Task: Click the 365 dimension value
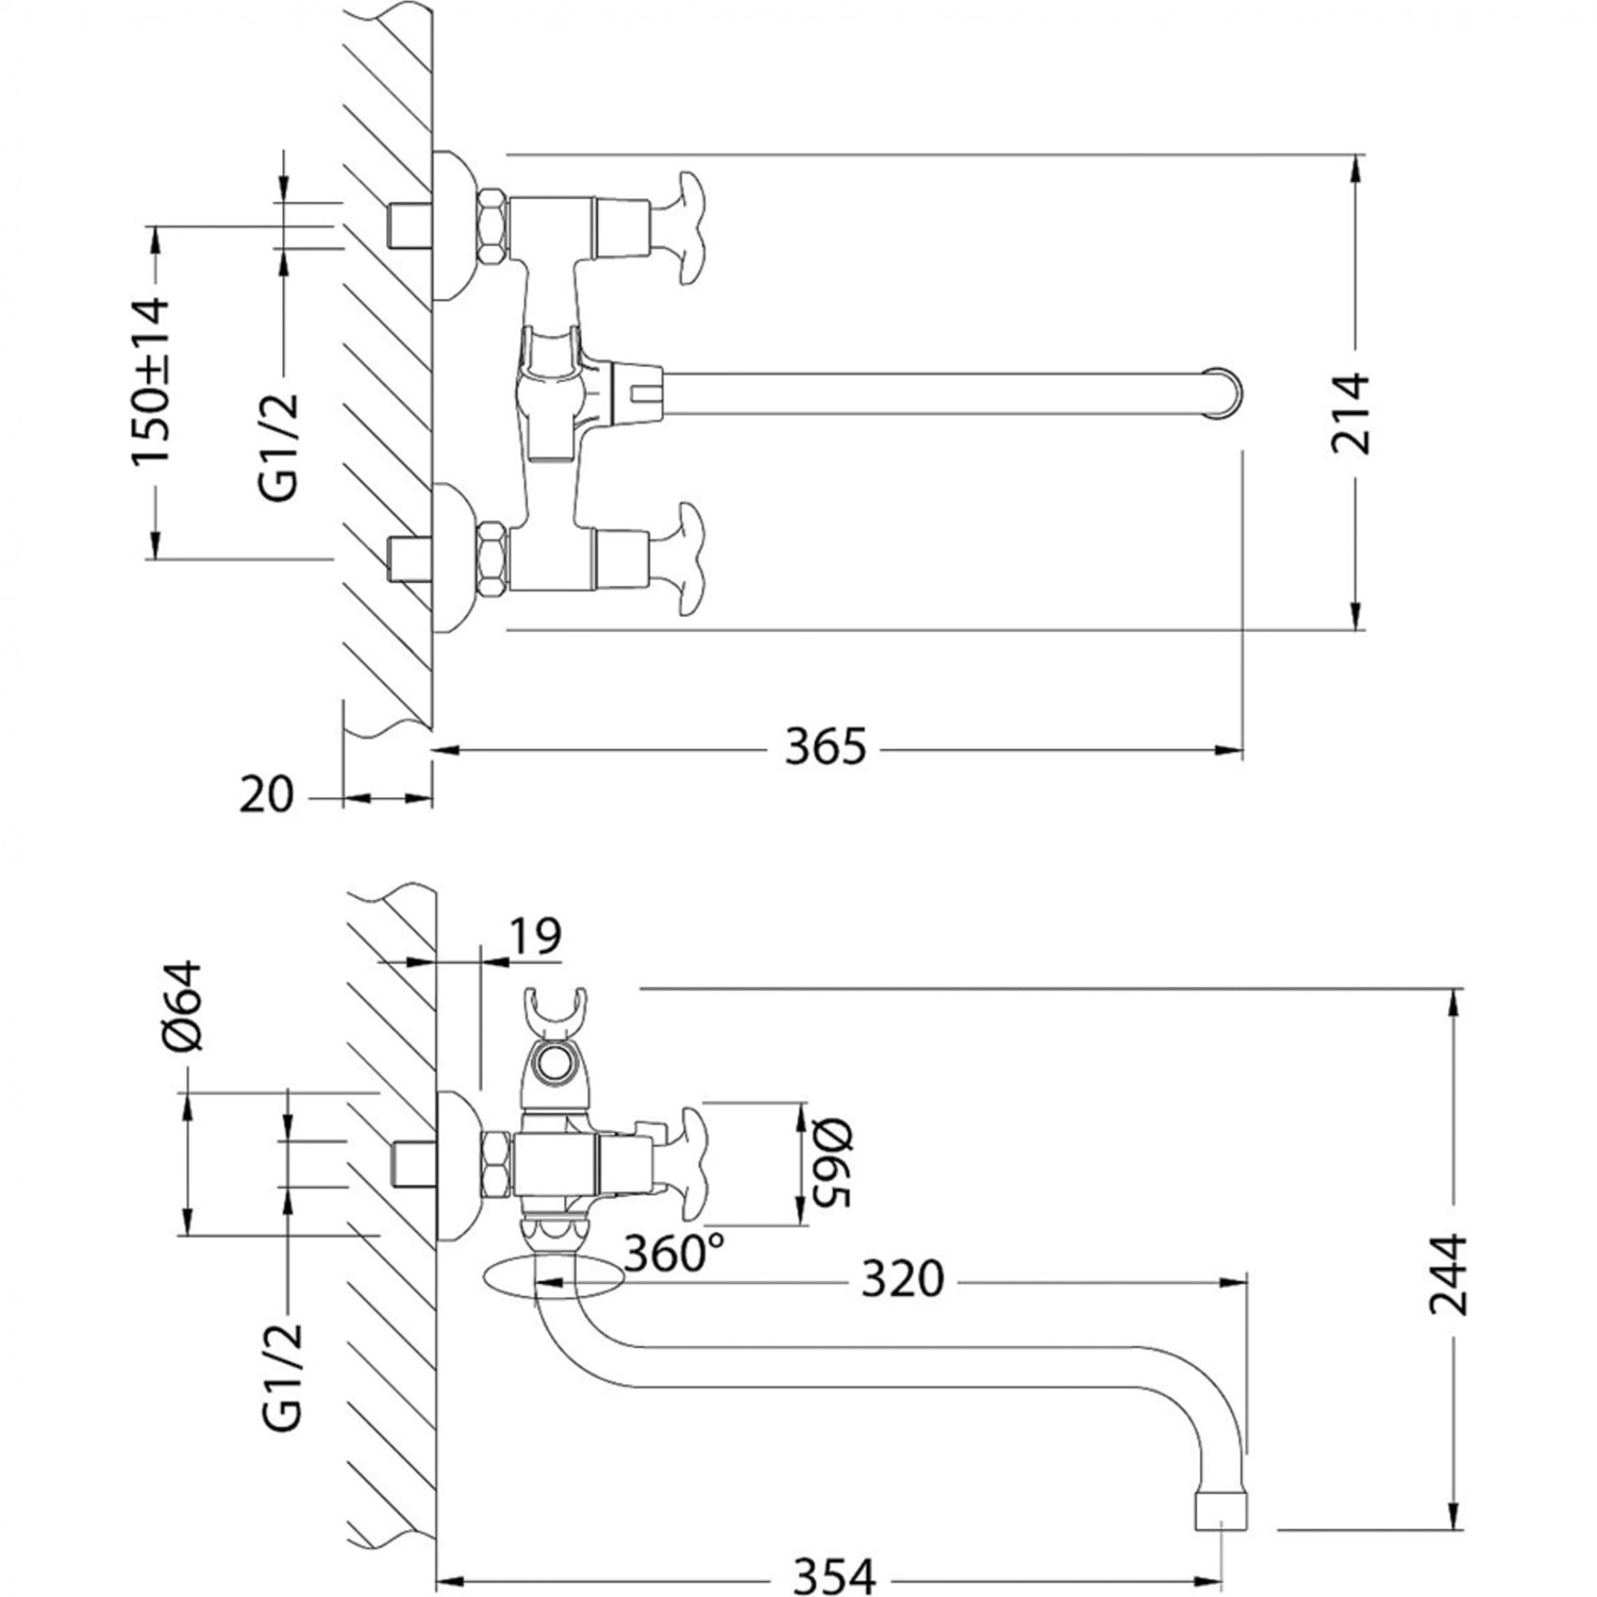(825, 748)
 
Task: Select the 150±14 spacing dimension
(151, 381)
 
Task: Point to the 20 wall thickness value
(266, 796)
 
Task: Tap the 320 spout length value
(902, 1279)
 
